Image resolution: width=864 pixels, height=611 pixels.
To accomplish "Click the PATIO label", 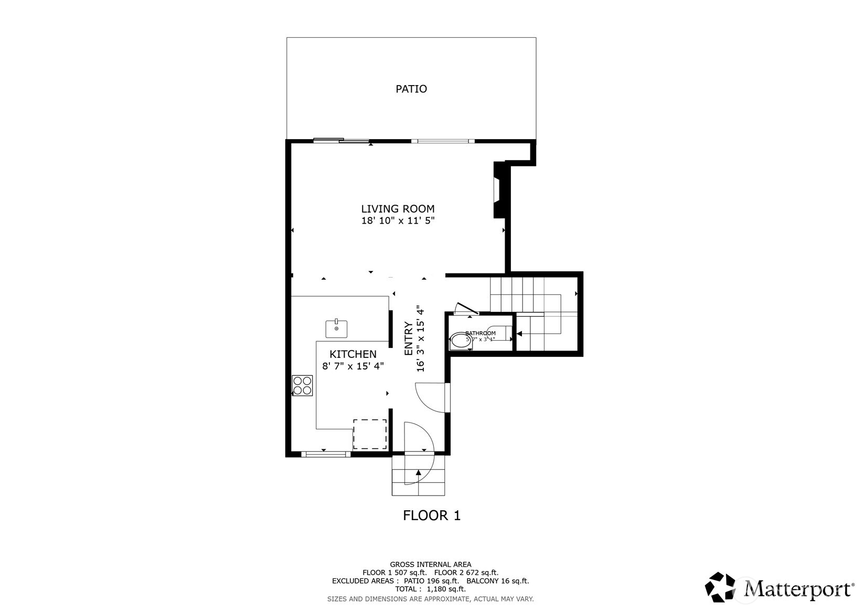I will (411, 89).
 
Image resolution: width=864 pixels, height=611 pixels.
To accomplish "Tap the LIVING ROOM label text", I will (398, 209).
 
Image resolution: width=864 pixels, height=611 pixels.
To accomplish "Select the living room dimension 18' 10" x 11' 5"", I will (398, 221).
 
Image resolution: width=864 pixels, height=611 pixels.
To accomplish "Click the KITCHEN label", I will (353, 354).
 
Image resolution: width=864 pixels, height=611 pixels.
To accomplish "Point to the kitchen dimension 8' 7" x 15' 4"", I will (353, 366).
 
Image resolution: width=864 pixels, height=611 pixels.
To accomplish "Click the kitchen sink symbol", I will (336, 329).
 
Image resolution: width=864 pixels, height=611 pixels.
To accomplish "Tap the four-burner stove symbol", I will (303, 385).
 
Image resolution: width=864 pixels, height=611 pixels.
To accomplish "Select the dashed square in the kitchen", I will (369, 434).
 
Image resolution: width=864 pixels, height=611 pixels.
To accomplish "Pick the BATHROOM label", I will (480, 333).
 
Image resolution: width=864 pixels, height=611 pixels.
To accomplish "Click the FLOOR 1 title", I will (431, 515).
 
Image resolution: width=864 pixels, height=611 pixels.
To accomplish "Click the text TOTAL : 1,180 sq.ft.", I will (430, 589).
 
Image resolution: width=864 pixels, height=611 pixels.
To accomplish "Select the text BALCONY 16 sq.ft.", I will (497, 581).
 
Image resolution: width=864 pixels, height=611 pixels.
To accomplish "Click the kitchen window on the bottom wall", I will (325, 454).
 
